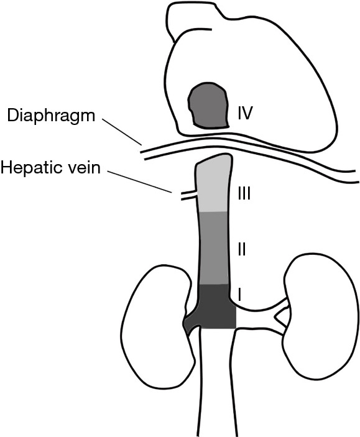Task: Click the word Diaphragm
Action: pos(51,116)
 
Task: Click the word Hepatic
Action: pos(34,168)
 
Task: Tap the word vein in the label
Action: pos(86,168)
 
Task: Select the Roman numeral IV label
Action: pos(245,113)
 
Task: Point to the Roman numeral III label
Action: pos(244,193)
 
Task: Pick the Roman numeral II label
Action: pos(241,249)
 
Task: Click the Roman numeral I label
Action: pos(239,295)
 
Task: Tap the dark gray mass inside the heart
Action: pos(208,105)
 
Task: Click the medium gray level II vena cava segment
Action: pos(214,248)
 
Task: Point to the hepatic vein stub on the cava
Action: pos(189,195)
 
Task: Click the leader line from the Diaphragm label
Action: pos(122,132)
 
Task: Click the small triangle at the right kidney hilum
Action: pos(281,317)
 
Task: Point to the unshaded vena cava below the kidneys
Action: pos(217,382)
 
